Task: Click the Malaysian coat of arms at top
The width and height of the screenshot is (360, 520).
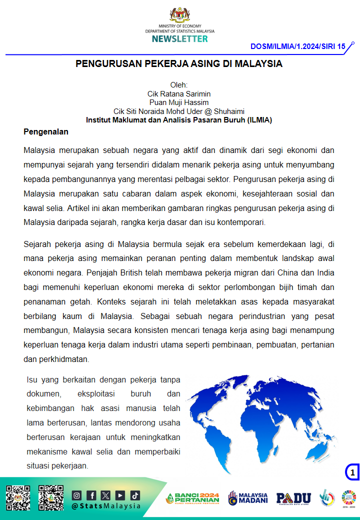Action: [180, 14]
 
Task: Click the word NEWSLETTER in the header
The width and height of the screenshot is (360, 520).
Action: [180, 38]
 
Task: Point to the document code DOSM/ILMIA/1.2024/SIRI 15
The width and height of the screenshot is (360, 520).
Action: [298, 46]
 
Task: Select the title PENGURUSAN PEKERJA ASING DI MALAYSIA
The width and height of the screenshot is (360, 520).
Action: [179, 64]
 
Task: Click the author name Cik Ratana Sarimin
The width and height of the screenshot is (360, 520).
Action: [179, 93]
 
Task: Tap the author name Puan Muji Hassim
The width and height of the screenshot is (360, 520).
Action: [179, 102]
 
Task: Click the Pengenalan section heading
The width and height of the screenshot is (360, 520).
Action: [46, 132]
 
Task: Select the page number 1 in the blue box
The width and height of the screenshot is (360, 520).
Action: [352, 472]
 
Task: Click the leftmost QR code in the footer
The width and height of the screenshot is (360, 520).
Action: [18, 497]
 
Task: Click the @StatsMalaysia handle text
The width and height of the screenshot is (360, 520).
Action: [106, 505]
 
